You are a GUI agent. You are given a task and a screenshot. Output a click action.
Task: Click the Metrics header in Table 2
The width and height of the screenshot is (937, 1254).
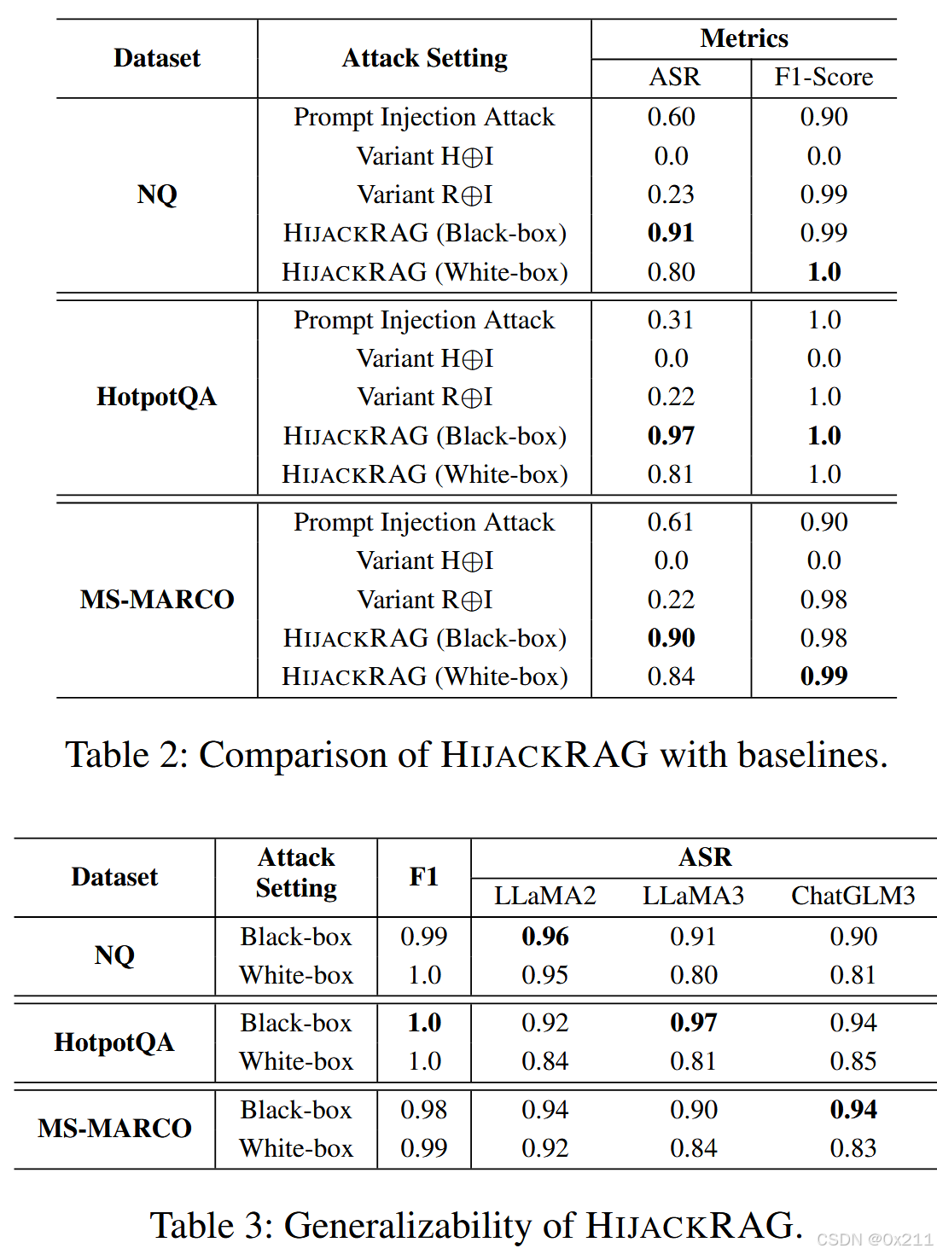(744, 38)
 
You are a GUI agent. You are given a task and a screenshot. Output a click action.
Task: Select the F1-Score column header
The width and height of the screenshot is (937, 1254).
(824, 78)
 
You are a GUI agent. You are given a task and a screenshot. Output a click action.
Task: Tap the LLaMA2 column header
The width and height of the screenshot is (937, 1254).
(544, 896)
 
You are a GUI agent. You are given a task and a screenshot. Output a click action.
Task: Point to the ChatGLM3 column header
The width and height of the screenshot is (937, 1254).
(853, 896)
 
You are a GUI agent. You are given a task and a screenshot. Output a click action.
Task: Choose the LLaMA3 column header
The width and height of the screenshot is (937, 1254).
(693, 896)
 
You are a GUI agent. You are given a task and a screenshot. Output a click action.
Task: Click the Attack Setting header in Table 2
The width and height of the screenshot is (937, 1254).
(424, 58)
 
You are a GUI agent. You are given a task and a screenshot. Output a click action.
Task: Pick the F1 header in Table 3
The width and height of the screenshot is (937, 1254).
(423, 877)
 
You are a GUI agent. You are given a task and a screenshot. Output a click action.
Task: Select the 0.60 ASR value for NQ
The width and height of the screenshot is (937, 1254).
(671, 117)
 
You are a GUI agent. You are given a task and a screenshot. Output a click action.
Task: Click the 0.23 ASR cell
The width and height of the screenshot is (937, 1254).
(671, 194)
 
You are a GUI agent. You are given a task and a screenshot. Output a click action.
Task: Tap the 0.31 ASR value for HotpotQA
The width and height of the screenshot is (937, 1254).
(671, 320)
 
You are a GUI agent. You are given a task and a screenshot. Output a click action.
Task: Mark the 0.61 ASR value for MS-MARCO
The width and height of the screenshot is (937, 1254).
(671, 522)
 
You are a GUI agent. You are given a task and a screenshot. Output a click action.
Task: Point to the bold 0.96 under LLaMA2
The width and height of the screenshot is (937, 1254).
(544, 937)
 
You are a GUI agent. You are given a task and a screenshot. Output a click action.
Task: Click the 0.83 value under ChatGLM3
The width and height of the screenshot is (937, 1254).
(853, 1148)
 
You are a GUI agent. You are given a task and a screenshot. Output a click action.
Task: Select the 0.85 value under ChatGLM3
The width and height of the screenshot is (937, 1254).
(853, 1061)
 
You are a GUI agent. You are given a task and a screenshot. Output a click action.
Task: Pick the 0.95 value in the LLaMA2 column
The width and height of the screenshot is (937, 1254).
(544, 975)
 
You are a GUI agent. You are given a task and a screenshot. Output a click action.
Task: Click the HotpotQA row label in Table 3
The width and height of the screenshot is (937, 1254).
(114, 1042)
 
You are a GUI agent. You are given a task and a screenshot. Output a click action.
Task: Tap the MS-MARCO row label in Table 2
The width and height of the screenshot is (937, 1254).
(157, 600)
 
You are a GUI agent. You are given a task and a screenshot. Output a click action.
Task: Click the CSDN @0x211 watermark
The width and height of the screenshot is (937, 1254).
(875, 1239)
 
